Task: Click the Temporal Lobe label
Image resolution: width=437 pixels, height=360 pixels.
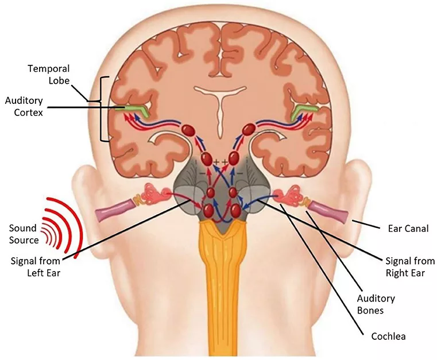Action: (x=49, y=75)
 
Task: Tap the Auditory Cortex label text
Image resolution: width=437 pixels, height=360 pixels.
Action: (x=24, y=106)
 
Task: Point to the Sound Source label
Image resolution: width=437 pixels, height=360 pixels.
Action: (x=24, y=234)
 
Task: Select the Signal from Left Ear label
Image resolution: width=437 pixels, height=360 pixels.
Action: (x=36, y=266)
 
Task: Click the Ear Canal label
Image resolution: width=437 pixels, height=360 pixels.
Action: (x=408, y=229)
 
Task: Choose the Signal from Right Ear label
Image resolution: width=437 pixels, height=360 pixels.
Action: (x=410, y=266)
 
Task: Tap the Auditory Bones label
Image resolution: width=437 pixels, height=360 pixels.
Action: (x=376, y=304)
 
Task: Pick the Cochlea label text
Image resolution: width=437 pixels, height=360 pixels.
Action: (x=389, y=336)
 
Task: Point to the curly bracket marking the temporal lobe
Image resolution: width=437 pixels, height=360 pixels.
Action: (x=104, y=109)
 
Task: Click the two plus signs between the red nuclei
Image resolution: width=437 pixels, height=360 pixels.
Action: (x=220, y=162)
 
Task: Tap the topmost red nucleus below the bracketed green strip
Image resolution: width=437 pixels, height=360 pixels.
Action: (x=188, y=130)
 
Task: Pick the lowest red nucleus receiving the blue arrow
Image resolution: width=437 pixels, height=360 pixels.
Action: (x=235, y=210)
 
